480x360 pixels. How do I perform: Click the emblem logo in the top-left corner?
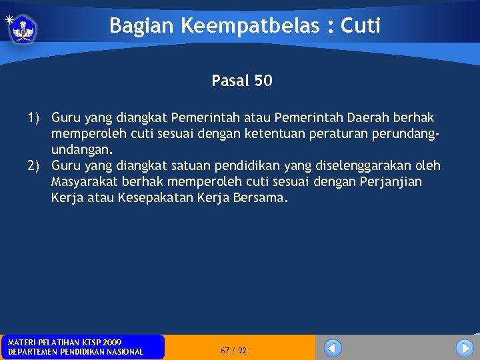click(x=23, y=28)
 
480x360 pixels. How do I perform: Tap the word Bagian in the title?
click(x=134, y=26)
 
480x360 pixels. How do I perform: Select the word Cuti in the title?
click(x=361, y=26)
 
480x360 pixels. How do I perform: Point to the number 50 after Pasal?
click(x=263, y=81)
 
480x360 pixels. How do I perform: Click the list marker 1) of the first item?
click(x=33, y=118)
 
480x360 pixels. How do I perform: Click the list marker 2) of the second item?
click(x=33, y=166)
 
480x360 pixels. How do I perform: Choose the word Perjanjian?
click(x=392, y=182)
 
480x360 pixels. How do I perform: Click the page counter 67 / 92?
click(x=233, y=350)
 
